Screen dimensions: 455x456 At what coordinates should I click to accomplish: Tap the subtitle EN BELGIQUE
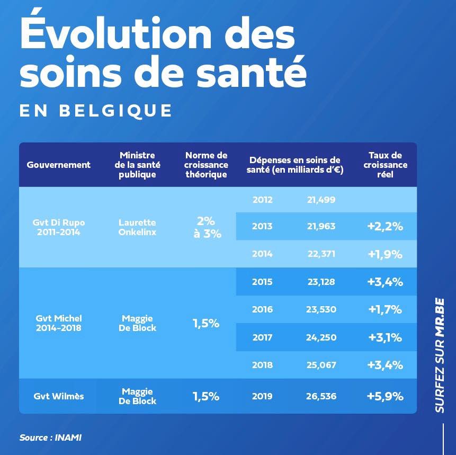click(96, 111)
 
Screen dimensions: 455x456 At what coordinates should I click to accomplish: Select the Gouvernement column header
click(59, 165)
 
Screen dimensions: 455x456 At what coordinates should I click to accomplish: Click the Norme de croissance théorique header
click(207, 165)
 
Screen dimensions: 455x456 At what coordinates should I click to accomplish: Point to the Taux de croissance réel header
click(385, 165)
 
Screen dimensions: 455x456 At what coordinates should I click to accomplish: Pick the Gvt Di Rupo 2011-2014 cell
click(59, 227)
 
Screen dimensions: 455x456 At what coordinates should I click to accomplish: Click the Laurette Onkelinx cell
click(137, 227)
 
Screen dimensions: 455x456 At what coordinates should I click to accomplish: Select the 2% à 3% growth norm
click(207, 227)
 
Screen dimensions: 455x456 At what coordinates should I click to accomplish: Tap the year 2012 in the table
click(262, 200)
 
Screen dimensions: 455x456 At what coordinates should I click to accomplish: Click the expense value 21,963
click(321, 226)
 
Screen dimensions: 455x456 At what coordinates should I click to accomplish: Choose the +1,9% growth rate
click(385, 254)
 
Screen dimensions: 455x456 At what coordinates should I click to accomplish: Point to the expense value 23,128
click(321, 282)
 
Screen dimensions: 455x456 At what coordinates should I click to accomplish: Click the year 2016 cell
click(262, 309)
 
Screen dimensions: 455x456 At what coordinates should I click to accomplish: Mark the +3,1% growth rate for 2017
click(385, 337)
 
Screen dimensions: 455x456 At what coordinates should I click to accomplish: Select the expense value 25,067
click(321, 365)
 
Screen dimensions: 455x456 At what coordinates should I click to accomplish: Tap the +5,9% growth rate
click(385, 396)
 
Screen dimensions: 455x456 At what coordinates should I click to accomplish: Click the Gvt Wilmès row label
click(59, 396)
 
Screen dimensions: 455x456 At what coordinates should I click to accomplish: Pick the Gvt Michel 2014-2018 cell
click(59, 323)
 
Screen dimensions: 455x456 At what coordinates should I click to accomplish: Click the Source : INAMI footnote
click(51, 438)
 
